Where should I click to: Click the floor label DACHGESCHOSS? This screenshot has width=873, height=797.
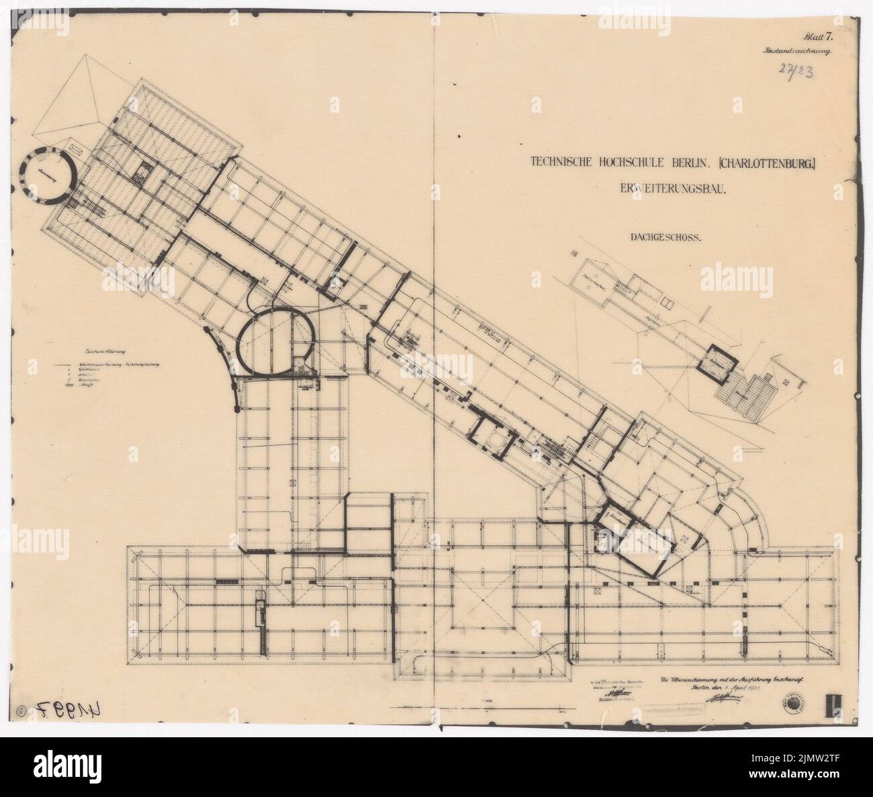coord(665,236)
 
